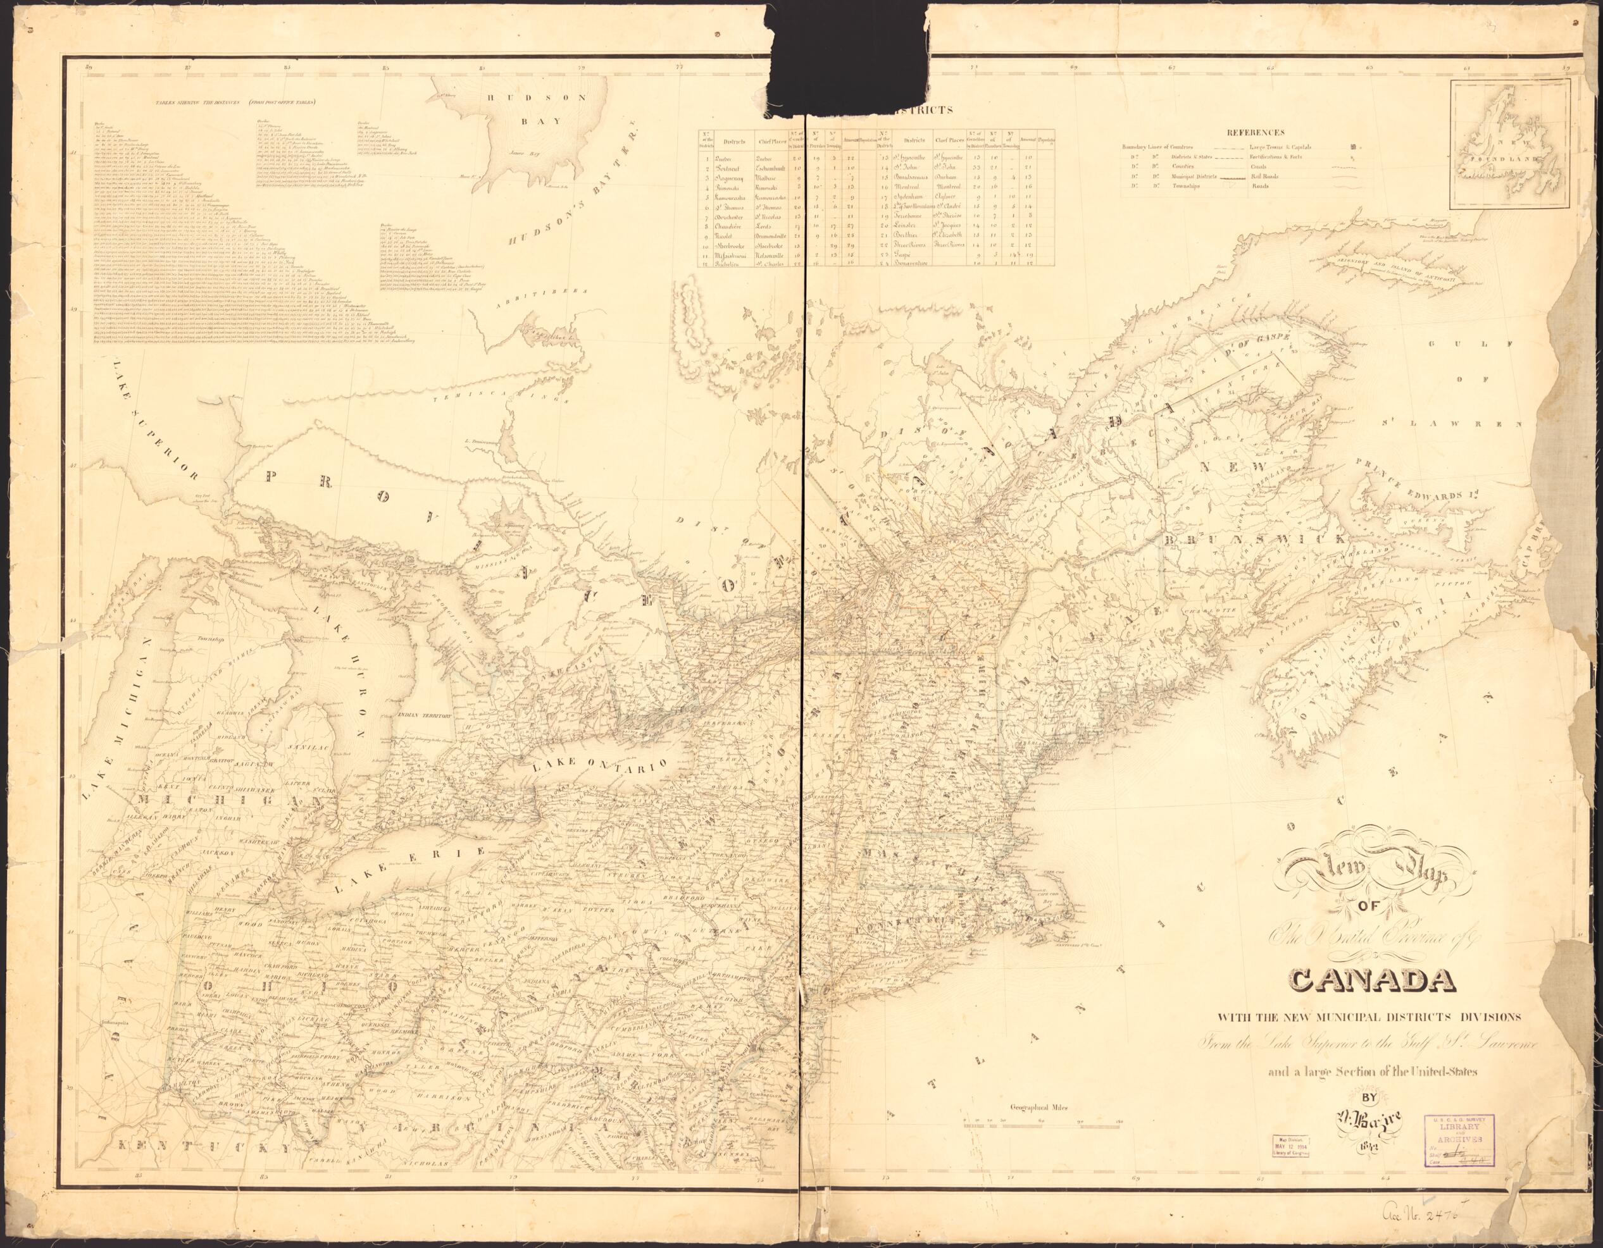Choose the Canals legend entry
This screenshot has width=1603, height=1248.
point(1259,165)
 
